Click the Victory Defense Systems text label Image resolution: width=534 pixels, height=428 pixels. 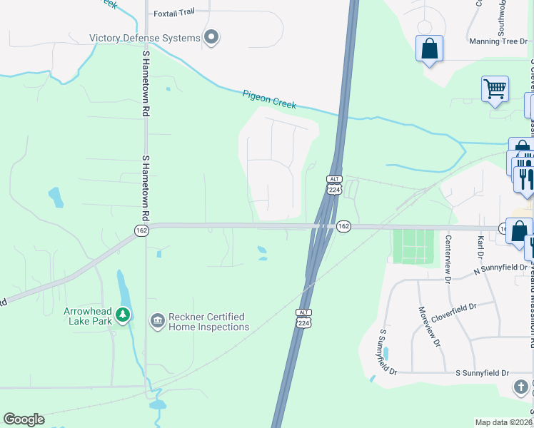(144, 38)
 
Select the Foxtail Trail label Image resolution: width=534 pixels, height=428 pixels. (173, 13)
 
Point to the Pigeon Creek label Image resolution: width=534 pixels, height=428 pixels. (268, 99)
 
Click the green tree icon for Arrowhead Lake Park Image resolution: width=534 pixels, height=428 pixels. (124, 314)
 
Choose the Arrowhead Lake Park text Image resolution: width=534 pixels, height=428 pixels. (94, 317)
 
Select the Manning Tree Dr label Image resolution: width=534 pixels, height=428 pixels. (498, 41)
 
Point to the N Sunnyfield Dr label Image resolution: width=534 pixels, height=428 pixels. (500, 270)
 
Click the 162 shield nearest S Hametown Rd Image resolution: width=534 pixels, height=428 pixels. (140, 230)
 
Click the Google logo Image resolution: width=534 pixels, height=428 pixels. (24, 419)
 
